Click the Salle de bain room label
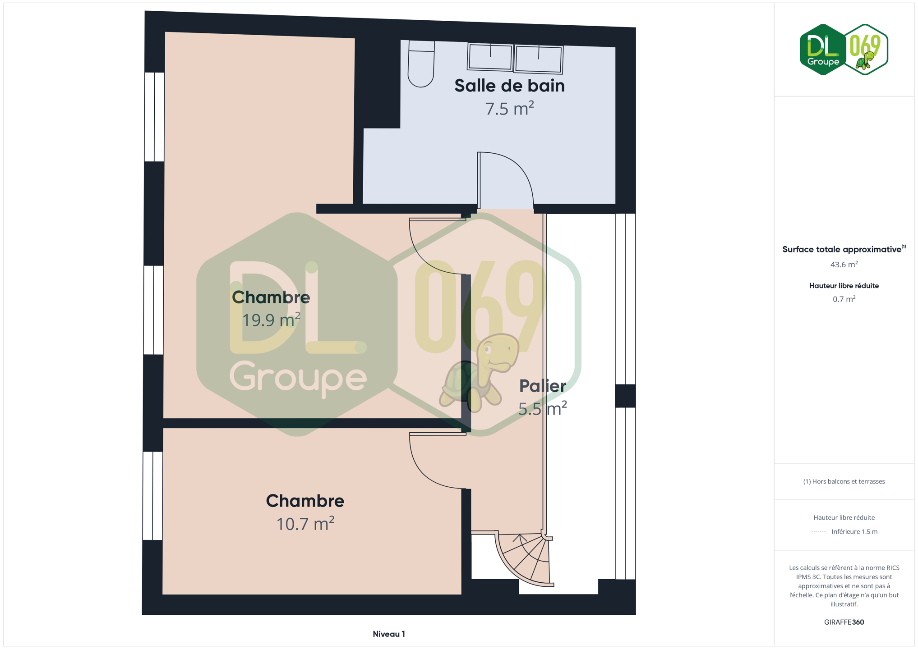(509, 86)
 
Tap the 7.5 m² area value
(509, 109)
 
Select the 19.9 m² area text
(271, 320)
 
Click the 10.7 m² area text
(305, 524)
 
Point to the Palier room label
(542, 386)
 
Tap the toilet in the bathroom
(421, 63)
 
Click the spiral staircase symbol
(524, 559)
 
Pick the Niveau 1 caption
(389, 634)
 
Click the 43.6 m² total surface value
(844, 265)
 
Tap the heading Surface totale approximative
(842, 250)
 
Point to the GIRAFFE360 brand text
(844, 622)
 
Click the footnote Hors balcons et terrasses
(844, 481)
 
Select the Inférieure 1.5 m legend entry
(854, 531)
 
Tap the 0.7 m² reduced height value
(844, 299)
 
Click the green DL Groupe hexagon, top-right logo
(823, 50)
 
